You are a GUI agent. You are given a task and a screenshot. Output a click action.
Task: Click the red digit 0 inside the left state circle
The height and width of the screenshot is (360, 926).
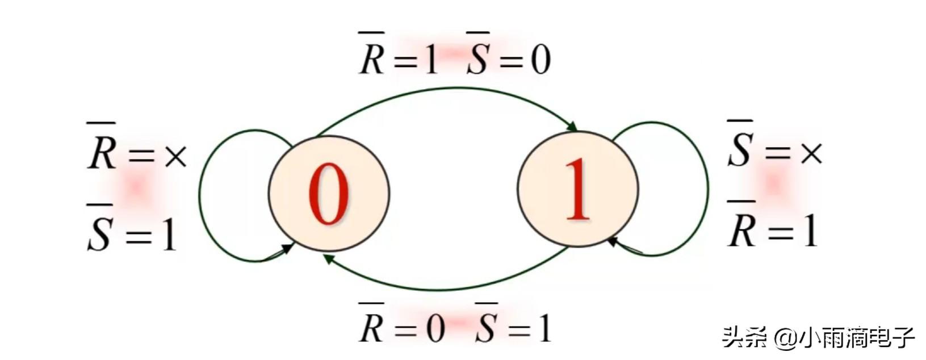coord(328,194)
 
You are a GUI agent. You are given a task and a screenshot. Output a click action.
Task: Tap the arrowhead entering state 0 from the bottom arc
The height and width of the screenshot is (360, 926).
coord(328,259)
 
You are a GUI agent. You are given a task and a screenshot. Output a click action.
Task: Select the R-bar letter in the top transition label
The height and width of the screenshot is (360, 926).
coord(372,59)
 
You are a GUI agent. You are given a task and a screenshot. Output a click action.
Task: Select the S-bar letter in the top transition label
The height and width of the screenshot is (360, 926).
coord(477,59)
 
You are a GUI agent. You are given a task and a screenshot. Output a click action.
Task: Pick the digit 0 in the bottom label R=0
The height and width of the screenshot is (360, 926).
coord(435,328)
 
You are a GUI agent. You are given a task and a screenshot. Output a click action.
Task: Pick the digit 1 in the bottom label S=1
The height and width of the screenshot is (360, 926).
coord(544,328)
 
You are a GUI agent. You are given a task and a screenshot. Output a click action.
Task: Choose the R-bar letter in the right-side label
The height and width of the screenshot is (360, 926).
coord(741,229)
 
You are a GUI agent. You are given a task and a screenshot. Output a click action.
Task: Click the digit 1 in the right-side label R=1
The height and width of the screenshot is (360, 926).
coord(809,231)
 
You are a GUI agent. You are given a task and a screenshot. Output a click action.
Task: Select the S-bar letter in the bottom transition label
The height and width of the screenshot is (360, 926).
coord(486,327)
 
